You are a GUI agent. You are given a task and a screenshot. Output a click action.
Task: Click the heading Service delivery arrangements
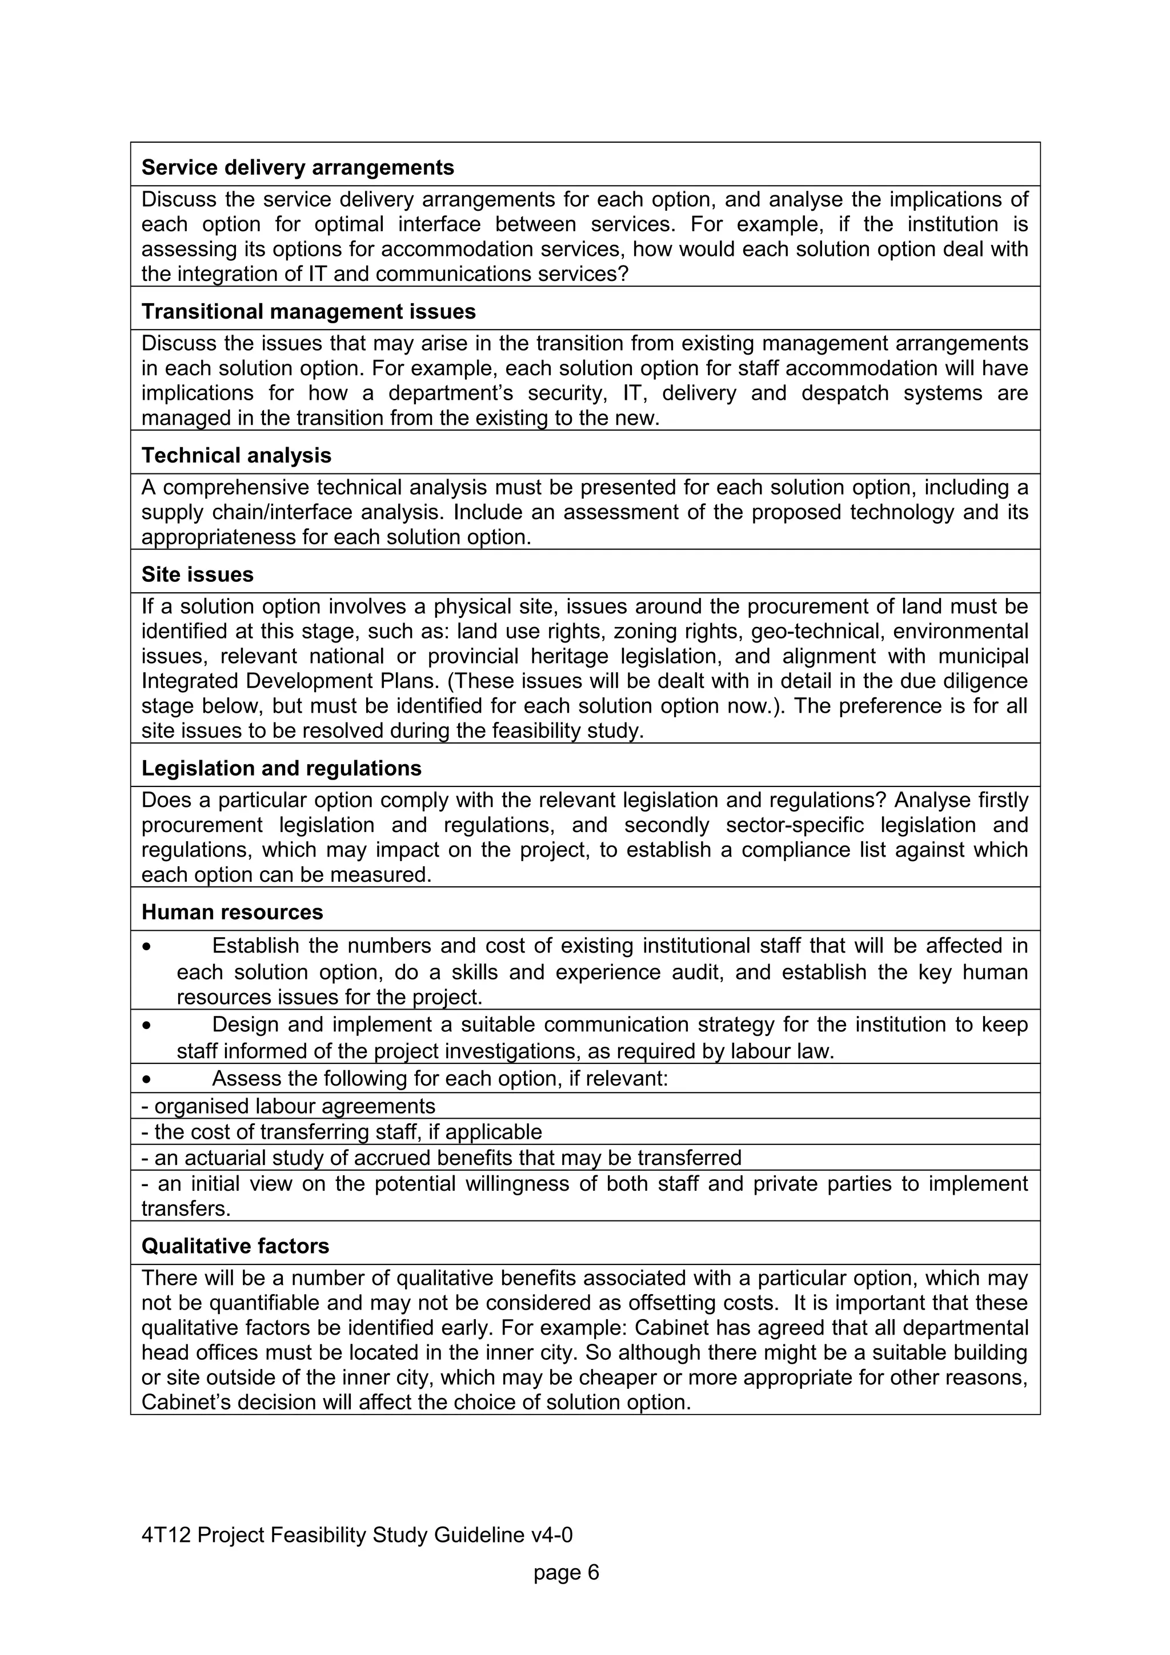297,167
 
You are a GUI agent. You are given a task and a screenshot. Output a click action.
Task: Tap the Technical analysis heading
237,456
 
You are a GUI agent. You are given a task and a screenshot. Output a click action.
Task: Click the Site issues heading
198,575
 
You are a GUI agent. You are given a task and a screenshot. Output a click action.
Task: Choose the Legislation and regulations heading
281,769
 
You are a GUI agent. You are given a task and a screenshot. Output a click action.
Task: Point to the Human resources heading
232,913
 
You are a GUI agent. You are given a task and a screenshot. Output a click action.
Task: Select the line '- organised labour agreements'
289,1106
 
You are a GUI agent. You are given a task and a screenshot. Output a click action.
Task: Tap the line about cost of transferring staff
342,1132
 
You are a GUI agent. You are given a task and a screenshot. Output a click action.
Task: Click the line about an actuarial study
441,1158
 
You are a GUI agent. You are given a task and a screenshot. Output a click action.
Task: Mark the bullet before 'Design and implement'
147,1026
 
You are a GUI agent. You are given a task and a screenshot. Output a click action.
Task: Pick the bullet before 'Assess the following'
147,1080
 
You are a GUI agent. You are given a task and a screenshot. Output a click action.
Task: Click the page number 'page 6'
566,1572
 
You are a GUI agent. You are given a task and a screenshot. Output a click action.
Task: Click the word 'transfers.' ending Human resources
186,1210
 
